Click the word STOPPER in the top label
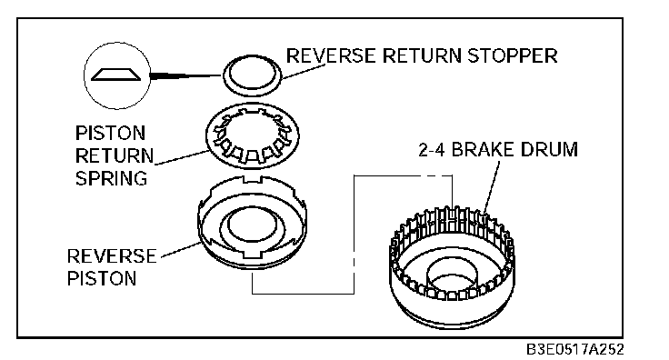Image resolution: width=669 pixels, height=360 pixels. click(x=513, y=55)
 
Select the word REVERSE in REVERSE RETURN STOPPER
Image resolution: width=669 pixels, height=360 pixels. click(x=331, y=55)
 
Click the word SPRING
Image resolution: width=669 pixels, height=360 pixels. click(x=112, y=178)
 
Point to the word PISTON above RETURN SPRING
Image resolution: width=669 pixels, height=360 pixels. click(x=111, y=133)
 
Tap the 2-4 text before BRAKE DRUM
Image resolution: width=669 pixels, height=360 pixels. click(x=432, y=150)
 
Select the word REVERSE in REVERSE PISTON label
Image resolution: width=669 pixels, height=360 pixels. click(x=112, y=256)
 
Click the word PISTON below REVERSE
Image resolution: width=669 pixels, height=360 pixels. click(x=102, y=279)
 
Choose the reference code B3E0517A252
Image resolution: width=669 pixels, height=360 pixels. click(x=574, y=349)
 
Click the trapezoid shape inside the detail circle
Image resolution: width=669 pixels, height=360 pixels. click(x=117, y=75)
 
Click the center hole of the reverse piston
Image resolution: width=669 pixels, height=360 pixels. click(x=251, y=225)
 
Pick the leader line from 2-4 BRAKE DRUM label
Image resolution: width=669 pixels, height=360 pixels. click(x=493, y=186)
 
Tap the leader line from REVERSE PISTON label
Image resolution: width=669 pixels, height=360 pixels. click(x=180, y=249)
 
